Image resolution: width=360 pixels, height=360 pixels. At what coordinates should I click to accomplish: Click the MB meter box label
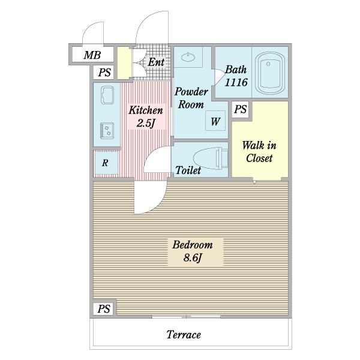coord(92,55)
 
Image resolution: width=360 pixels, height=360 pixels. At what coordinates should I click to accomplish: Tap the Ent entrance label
coord(156,62)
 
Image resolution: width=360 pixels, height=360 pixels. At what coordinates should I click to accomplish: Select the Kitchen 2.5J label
coord(146,116)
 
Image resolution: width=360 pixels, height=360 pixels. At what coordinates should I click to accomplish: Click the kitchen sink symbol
coord(107,95)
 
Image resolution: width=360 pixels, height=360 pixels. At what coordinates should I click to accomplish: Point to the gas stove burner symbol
coord(107,131)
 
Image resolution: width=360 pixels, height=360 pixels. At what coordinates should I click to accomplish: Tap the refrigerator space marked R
coord(105,163)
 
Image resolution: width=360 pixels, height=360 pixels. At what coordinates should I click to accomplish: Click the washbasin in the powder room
coord(188,57)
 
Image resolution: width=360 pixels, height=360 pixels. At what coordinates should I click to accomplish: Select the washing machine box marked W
coord(215,121)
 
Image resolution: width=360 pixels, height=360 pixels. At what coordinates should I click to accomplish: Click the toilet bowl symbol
coord(211,158)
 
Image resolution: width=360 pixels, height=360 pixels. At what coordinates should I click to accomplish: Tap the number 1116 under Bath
coord(236,82)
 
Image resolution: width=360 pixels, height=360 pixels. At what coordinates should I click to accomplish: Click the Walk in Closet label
coord(259,152)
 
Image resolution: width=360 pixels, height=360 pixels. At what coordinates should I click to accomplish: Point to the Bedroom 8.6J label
coord(193,251)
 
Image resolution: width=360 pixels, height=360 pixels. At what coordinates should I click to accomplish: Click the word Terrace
coord(184,335)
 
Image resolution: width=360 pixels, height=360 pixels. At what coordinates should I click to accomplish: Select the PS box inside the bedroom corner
coord(104,308)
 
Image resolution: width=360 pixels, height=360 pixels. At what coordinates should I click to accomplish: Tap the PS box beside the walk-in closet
coord(241,109)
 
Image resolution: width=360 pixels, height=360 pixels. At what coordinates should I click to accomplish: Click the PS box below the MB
coord(104,73)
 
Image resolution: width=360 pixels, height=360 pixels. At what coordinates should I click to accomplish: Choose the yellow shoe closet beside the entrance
coord(124,63)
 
